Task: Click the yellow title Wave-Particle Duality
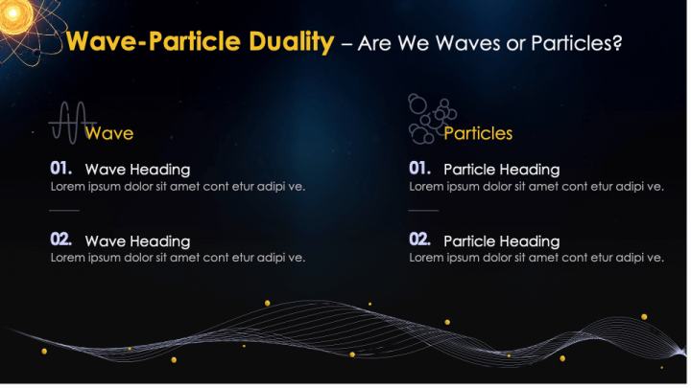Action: (x=200, y=43)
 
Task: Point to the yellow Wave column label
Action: (x=109, y=133)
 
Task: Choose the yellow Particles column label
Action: (x=478, y=133)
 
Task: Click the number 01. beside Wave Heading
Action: (x=62, y=169)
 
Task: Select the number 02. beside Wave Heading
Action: (x=62, y=240)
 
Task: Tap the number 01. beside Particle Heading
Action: (x=420, y=169)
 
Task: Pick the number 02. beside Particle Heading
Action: (x=420, y=240)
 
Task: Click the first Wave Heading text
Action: (x=137, y=170)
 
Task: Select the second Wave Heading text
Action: (x=137, y=241)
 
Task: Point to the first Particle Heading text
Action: (x=501, y=170)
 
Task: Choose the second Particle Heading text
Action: (x=501, y=241)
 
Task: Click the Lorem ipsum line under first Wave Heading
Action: (x=178, y=186)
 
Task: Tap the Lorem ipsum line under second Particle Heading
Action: (x=536, y=258)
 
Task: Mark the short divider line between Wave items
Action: (x=64, y=210)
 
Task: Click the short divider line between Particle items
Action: (x=423, y=210)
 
